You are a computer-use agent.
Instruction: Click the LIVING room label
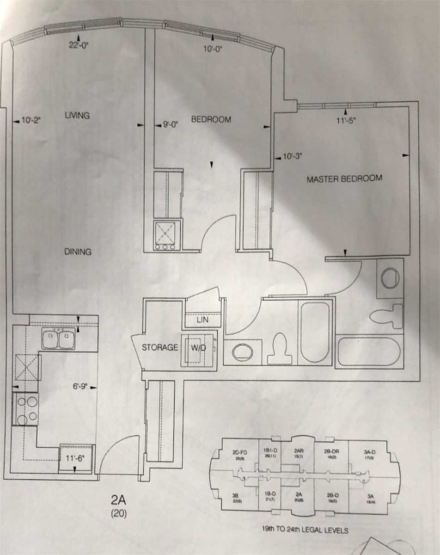coord(77,116)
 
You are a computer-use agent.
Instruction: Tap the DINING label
coord(78,252)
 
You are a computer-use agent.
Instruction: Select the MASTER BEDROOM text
coord(344,179)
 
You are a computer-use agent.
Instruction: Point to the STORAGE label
coord(160,347)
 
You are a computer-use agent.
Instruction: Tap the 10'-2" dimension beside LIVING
coord(31,120)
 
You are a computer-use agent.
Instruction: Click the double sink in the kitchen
coord(58,339)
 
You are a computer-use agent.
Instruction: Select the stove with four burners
coord(26,410)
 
